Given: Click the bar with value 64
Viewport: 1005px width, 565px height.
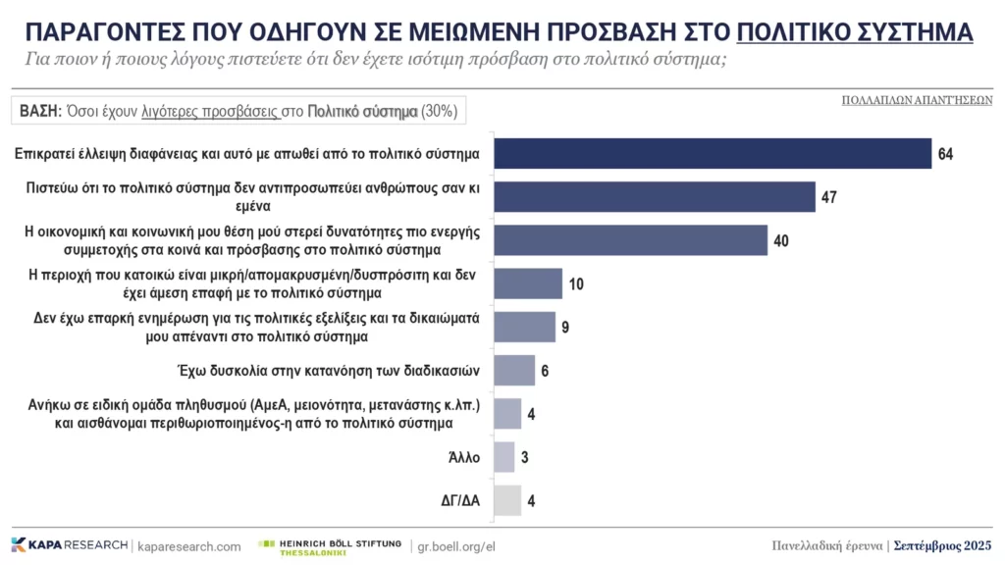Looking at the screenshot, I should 712,154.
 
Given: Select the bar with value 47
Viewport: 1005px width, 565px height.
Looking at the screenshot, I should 654,197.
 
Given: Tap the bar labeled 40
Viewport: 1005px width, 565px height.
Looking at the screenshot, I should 629,240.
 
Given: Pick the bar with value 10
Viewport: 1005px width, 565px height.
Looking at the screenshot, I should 527,283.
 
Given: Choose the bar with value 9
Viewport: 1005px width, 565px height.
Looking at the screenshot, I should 524,327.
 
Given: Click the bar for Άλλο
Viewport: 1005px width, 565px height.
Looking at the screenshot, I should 503,457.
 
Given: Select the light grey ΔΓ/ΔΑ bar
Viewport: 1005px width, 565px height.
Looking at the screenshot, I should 506,500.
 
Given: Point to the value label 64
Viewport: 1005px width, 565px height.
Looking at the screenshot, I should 946,154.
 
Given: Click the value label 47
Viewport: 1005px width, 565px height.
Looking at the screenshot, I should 830,197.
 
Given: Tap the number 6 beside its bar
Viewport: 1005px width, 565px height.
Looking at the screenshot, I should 546,371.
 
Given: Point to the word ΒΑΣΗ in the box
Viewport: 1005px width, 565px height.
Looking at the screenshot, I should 40,111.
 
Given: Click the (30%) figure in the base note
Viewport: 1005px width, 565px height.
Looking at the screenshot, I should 439,111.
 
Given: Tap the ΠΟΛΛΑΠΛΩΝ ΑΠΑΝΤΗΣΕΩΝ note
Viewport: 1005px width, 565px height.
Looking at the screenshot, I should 917,100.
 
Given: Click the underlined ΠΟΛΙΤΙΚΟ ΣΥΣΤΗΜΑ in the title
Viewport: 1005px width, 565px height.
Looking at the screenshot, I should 855,31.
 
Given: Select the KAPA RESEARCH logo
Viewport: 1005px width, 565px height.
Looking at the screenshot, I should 69,545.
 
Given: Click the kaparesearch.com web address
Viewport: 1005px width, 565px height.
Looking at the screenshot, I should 189,546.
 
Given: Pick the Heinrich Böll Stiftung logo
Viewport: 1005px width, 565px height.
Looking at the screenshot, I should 328,546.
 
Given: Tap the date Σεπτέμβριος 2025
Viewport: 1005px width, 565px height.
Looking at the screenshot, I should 943,545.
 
